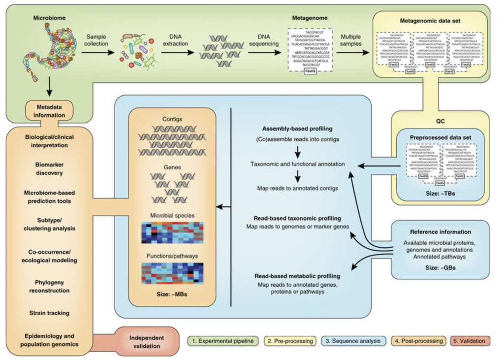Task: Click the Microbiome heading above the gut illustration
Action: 49,18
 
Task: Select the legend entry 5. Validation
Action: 469,341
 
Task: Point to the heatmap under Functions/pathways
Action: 172,273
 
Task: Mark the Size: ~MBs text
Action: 172,295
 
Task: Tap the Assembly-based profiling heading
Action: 298,129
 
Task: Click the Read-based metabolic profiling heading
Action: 294,276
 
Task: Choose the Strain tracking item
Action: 49,313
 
